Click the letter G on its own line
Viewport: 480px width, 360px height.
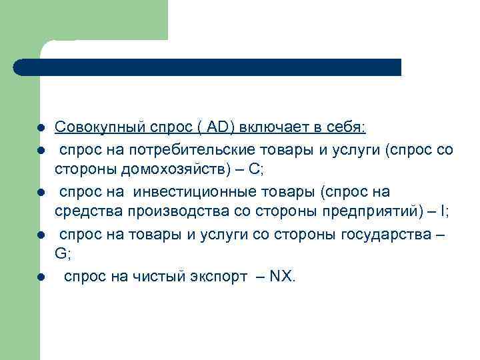60,253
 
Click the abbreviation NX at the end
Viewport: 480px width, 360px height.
281,276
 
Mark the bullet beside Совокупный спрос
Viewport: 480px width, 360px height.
41,127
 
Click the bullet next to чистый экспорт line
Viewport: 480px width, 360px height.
41,277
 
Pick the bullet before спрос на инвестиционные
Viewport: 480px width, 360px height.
41,193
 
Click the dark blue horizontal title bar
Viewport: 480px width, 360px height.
207,67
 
